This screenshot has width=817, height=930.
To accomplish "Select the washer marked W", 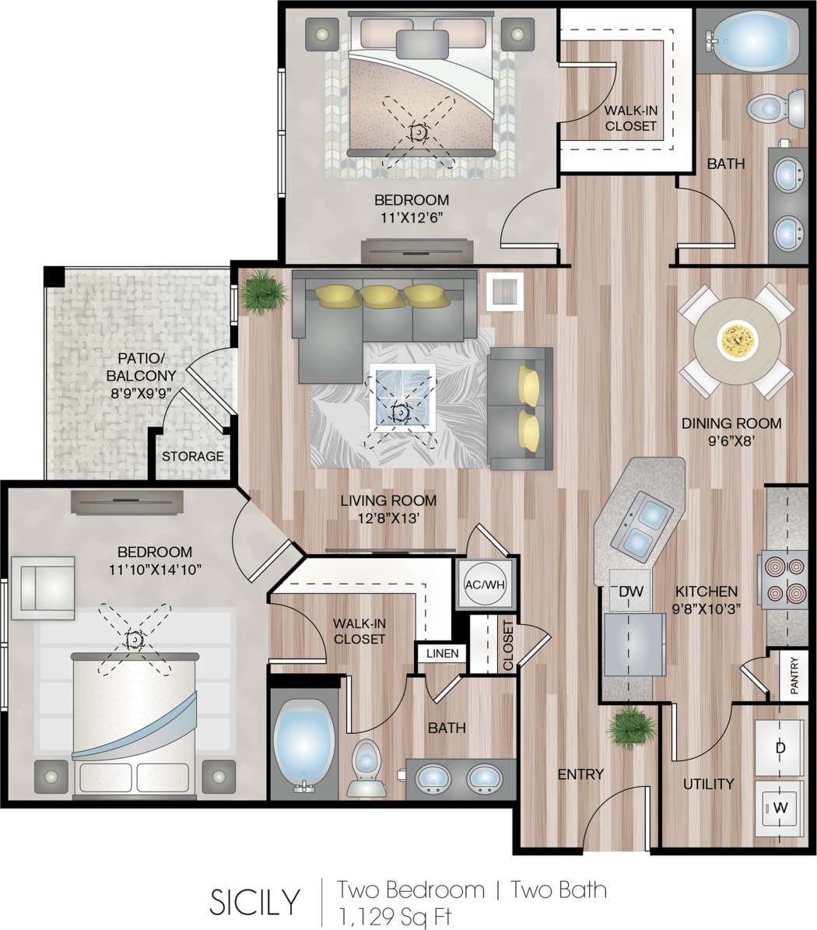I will click(780, 808).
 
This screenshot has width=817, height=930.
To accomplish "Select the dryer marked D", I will click(780, 748).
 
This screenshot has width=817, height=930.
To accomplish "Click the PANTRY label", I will click(794, 675).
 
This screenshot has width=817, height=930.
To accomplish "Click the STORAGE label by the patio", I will click(193, 457).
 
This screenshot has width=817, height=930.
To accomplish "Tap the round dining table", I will click(737, 340).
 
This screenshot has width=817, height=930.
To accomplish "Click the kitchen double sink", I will click(643, 526).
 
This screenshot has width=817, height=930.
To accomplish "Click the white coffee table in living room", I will click(401, 397).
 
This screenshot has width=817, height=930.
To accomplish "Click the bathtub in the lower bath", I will click(303, 746).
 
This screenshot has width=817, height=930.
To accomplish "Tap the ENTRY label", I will click(580, 774).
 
